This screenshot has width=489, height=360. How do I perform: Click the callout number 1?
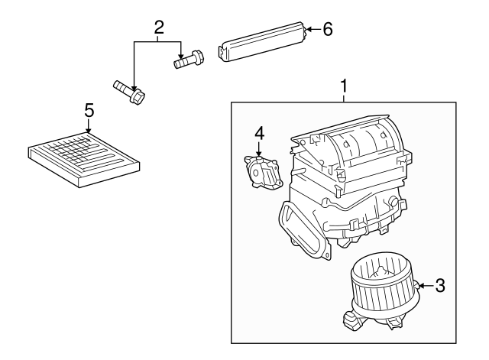344,86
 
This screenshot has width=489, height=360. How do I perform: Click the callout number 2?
159,28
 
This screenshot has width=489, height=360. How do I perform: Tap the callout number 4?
259,133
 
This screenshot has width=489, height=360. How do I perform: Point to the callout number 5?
89,111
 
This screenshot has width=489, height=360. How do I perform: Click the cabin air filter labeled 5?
84,157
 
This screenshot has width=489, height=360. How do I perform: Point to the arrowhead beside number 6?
309,30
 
